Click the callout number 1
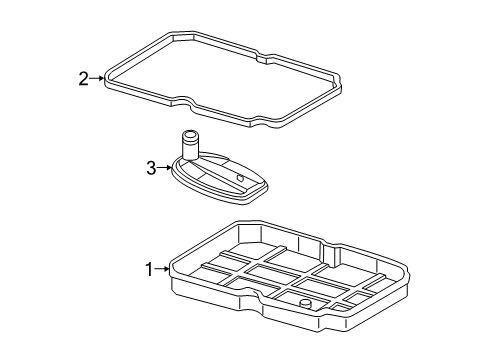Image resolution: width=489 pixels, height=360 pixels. point(149,269)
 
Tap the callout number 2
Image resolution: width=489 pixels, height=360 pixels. point(84,79)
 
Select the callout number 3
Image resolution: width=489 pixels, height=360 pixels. point(151,168)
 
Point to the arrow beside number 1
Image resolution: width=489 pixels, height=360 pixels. point(162,269)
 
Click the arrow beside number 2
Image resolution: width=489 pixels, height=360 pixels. point(97,78)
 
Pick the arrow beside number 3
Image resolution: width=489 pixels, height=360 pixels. point(165,168)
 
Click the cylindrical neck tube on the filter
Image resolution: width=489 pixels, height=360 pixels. point(190,146)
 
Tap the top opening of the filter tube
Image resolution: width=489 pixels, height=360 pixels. point(190,135)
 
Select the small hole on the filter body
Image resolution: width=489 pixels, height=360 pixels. point(240,178)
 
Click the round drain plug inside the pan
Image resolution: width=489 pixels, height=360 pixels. point(305,304)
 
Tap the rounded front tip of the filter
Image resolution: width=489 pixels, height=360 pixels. point(254,197)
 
